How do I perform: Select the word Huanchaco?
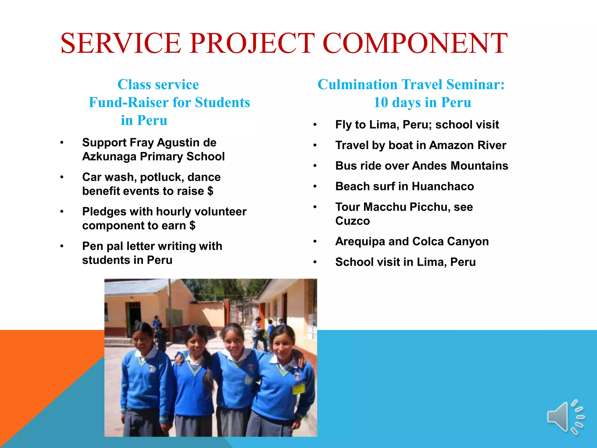click(443, 186)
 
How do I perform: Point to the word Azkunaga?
click(109, 157)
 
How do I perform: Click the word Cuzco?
click(352, 221)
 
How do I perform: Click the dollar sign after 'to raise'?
click(210, 191)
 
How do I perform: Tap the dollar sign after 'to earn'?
click(192, 226)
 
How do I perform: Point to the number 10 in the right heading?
click(381, 102)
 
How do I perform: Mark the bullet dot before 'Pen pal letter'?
click(62, 246)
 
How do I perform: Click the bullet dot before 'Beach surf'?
click(315, 186)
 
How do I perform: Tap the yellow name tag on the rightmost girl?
click(298, 388)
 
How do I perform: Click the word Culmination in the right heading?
click(357, 85)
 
